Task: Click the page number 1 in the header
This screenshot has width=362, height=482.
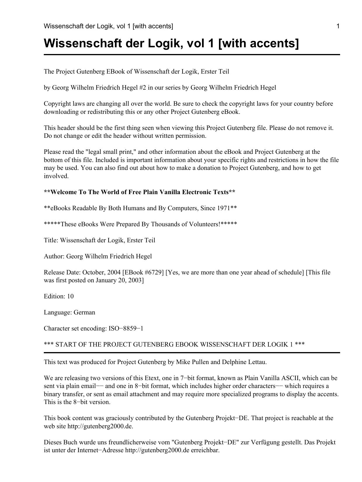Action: pos(338,26)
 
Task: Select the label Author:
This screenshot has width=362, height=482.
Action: pos(54,256)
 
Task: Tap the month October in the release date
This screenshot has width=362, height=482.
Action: pos(93,272)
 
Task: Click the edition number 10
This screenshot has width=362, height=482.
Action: pos(70,296)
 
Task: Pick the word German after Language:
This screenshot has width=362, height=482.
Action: pos(84,312)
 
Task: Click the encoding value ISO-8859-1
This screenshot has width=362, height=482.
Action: pos(126,328)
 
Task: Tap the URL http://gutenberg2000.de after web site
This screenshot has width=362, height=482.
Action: pos(100,426)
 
